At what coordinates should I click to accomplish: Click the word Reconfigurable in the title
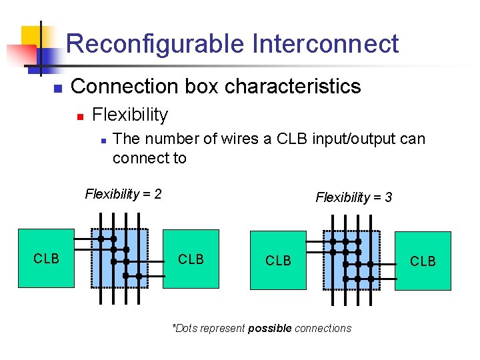pyautogui.click(x=155, y=44)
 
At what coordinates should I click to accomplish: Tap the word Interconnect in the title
pyautogui.click(x=325, y=44)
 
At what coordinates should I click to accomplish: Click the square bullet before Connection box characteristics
pyautogui.click(x=58, y=88)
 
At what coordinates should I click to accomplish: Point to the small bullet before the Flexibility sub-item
pyautogui.click(x=79, y=116)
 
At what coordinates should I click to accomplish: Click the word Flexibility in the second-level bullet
pyautogui.click(x=130, y=115)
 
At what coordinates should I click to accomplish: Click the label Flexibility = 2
pyautogui.click(x=123, y=195)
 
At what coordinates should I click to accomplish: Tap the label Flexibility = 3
pyautogui.click(x=353, y=197)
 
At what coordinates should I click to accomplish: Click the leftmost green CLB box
pyautogui.click(x=47, y=259)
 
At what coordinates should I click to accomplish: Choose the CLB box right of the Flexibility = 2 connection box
pyautogui.click(x=191, y=259)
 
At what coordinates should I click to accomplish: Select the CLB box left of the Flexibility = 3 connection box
pyautogui.click(x=277, y=261)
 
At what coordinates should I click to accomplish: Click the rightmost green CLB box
pyautogui.click(x=423, y=261)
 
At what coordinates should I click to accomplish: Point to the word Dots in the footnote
pyautogui.click(x=187, y=328)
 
